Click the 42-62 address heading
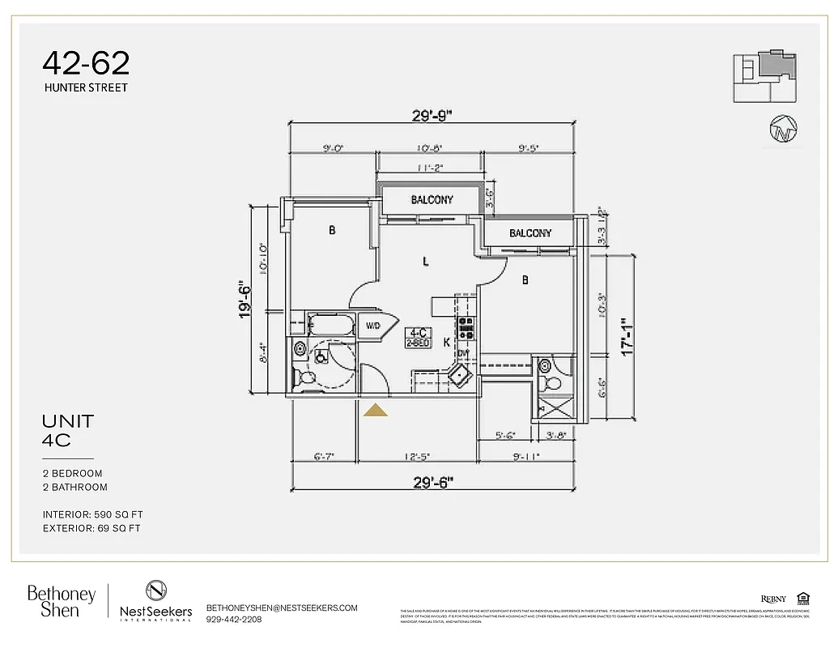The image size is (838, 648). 86,62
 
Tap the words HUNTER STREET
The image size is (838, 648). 86,87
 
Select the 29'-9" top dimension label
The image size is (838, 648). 432,116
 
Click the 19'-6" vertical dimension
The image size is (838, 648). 246,300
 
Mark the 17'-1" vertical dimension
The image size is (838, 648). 624,335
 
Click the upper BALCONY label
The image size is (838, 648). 432,199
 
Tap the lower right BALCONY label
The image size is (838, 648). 530,233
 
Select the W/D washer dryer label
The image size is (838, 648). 373,326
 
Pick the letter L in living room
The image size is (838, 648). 425,261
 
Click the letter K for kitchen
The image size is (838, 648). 446,343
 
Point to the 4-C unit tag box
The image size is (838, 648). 419,337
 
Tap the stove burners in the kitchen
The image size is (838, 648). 466,327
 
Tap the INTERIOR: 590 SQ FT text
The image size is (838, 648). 93,514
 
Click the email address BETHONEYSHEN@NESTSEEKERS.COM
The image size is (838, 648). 282,607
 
